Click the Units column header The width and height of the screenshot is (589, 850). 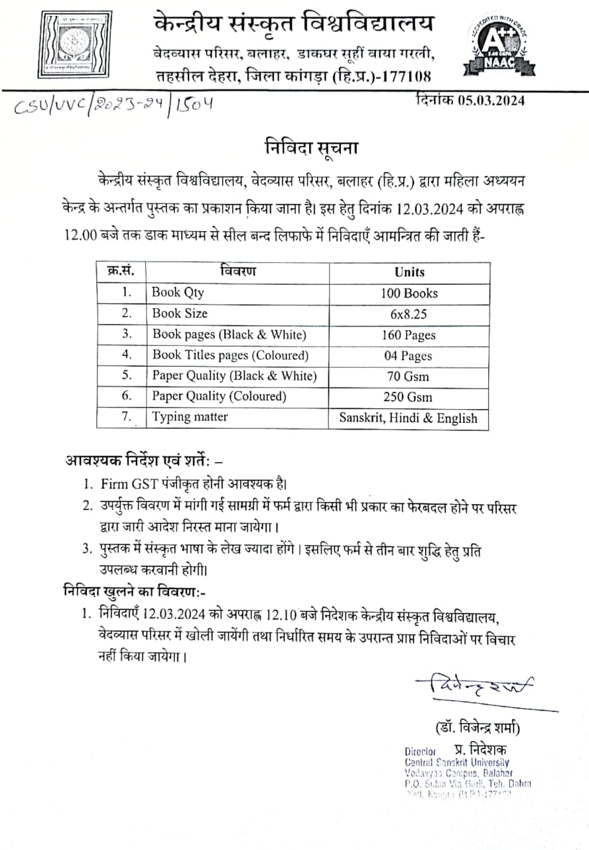point(409,272)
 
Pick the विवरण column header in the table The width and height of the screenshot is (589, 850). point(237,272)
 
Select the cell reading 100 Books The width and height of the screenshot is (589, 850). point(409,293)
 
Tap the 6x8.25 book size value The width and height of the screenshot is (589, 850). point(409,313)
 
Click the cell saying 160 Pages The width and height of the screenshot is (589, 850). point(409,335)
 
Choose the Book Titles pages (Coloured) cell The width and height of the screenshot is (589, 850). point(230,355)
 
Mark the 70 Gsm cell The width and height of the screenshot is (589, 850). point(409,377)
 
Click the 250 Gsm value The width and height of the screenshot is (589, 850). point(409,397)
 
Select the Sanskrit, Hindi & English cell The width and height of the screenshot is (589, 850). point(409,418)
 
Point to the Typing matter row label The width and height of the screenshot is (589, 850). point(190,418)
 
